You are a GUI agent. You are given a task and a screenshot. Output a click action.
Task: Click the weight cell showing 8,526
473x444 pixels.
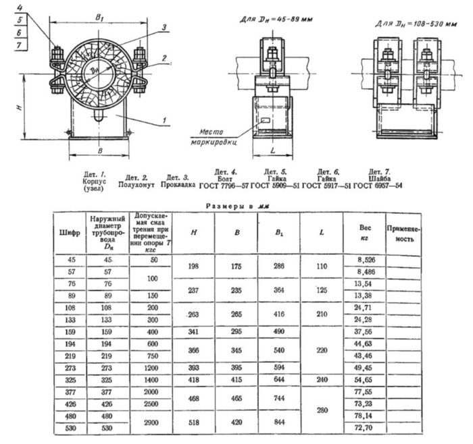[x=358, y=259]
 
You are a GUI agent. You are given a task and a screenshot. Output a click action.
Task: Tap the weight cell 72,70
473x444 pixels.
[x=358, y=428]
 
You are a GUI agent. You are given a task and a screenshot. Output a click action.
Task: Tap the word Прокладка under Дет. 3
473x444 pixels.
[x=180, y=183]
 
